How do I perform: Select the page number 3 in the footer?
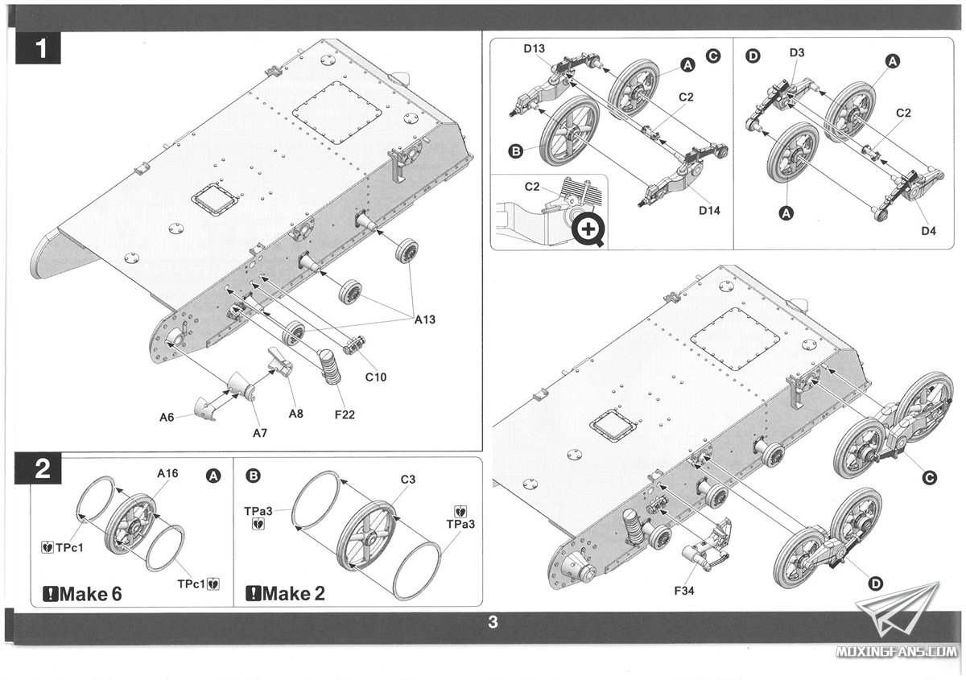click(493, 621)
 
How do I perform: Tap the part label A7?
click(259, 433)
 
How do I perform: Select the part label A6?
click(167, 417)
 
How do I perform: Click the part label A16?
click(167, 474)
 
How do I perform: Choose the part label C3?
click(408, 480)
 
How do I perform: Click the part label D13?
click(535, 50)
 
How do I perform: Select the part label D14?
click(709, 211)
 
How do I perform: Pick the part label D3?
click(797, 53)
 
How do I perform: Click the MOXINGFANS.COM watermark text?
click(907, 650)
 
